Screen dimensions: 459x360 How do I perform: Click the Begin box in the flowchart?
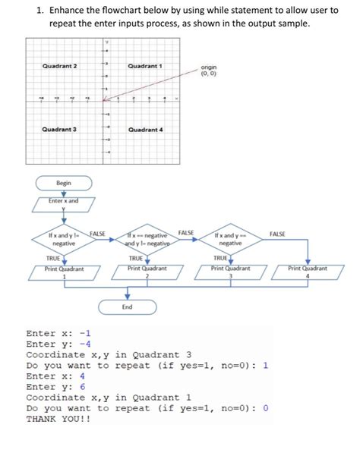[63, 183]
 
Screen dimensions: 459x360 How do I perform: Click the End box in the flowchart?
[127, 307]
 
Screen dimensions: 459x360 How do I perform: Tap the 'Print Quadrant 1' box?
[64, 272]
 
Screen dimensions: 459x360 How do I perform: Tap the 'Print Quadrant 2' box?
[147, 272]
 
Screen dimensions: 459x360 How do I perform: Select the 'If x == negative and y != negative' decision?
[147, 239]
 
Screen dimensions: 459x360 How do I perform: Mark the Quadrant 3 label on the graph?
[59, 130]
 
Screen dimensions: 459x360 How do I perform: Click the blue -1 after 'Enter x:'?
[88, 333]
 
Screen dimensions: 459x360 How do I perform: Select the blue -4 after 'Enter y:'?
[88, 344]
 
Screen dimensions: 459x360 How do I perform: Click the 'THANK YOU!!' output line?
[58, 418]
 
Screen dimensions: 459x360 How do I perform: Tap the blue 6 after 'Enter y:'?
[83, 386]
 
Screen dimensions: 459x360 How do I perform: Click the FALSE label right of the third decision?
[276, 234]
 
